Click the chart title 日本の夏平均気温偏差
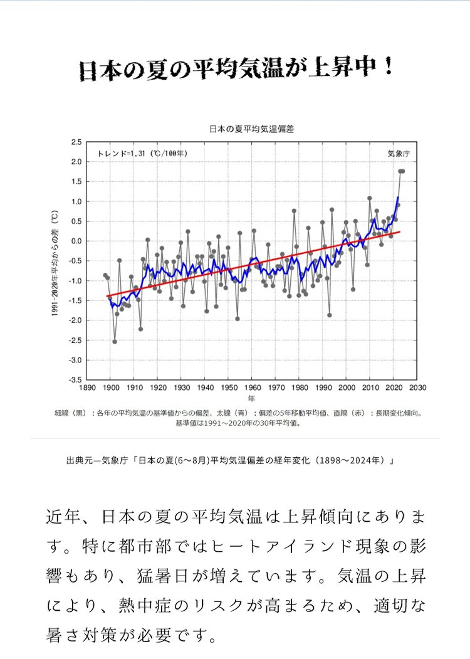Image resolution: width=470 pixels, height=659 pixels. point(251,129)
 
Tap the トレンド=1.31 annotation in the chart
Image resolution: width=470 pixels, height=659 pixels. point(142,153)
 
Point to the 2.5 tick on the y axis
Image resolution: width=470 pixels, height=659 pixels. point(76,142)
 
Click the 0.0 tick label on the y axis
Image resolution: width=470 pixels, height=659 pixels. point(76,241)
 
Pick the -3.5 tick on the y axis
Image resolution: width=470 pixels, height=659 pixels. point(75,380)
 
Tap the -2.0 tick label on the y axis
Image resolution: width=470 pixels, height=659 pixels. point(75,320)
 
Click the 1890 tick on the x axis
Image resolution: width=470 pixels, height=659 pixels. point(87,388)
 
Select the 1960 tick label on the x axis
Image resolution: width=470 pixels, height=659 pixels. point(252,388)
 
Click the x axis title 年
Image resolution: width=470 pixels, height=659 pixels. point(251,399)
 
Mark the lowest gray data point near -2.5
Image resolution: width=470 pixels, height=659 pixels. point(115,342)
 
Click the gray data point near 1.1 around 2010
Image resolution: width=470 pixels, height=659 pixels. point(370,198)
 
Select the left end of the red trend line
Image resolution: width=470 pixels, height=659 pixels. point(108,296)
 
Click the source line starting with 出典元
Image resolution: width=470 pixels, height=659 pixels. point(229,461)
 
